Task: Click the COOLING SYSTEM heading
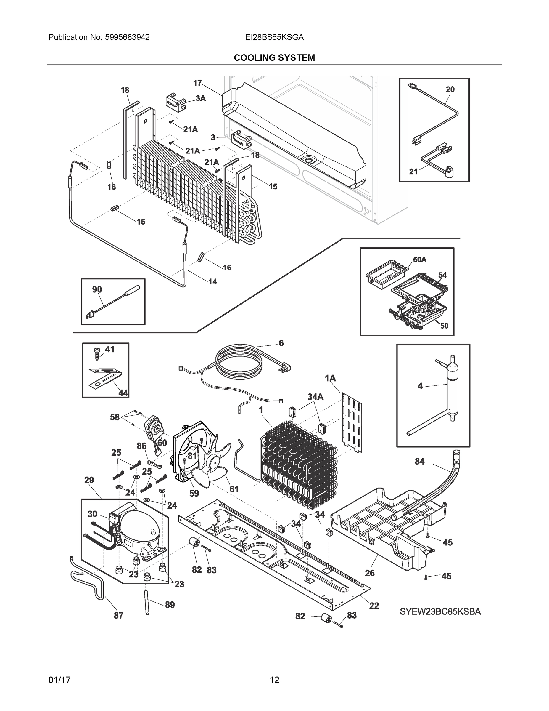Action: click(274, 58)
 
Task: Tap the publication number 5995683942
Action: click(127, 37)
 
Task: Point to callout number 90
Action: click(97, 289)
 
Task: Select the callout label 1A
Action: click(330, 378)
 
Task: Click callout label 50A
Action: click(420, 260)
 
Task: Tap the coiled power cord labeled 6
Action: click(239, 361)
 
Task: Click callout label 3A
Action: click(201, 98)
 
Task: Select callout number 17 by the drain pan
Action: click(197, 83)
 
